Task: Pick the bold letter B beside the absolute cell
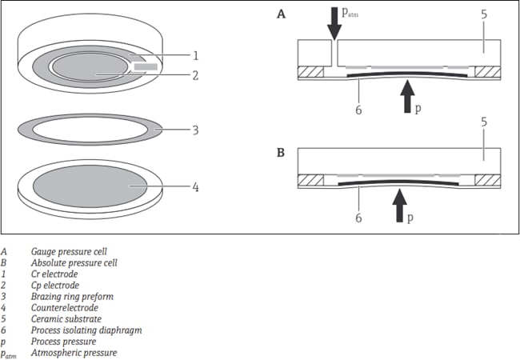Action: tap(281, 150)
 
